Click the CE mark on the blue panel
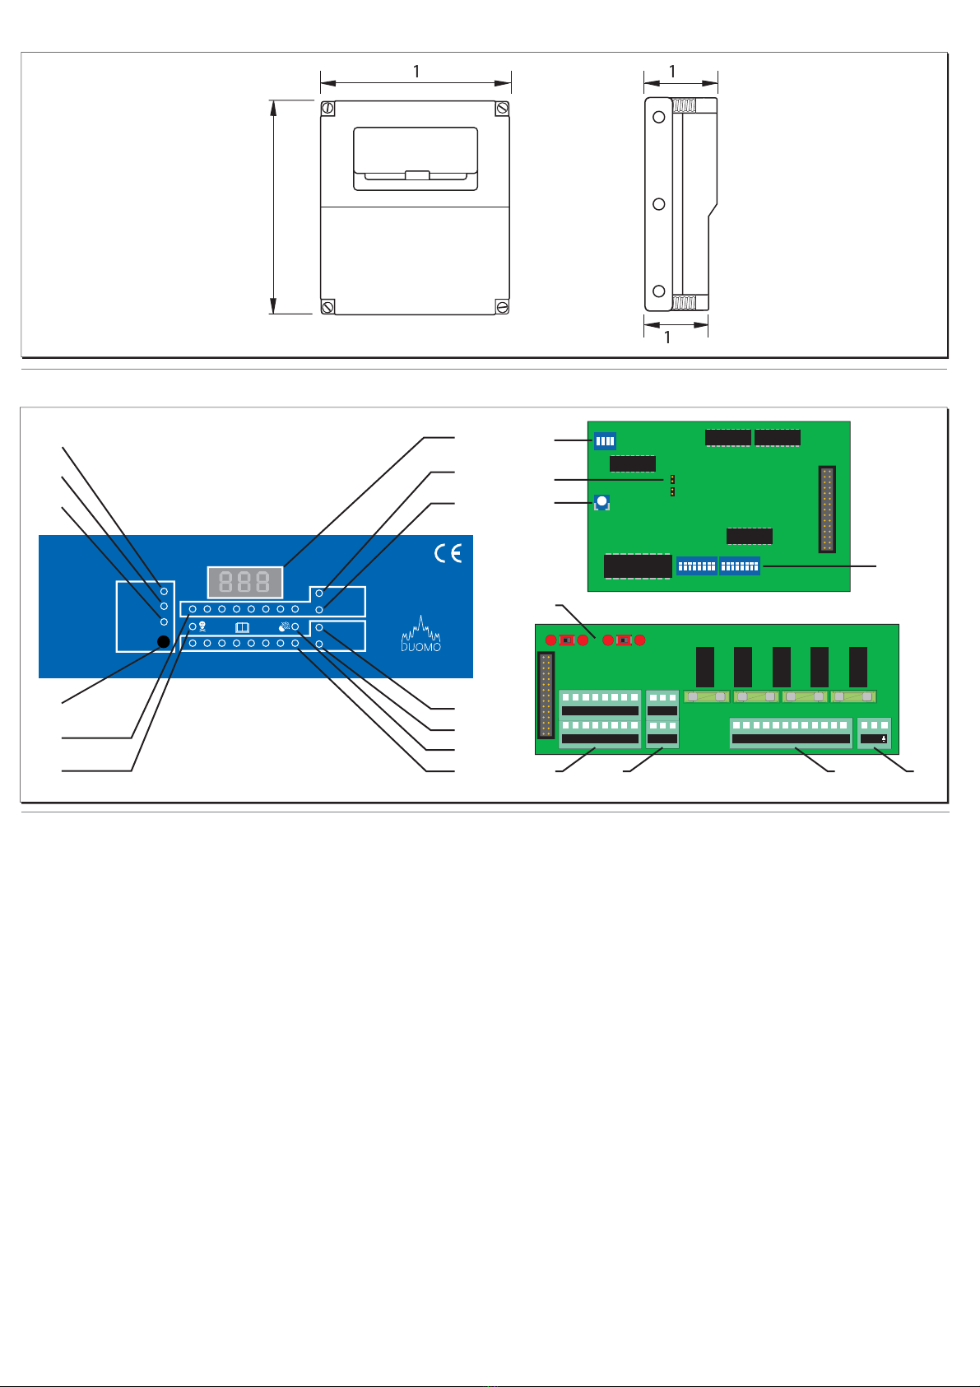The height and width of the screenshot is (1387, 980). [x=448, y=554]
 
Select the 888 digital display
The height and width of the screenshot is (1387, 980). [x=245, y=582]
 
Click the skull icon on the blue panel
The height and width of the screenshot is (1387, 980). [x=202, y=626]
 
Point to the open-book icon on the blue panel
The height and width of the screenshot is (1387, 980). [x=242, y=626]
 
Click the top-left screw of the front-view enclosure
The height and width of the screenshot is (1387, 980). [x=327, y=109]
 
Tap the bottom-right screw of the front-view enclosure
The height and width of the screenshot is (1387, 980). [x=502, y=306]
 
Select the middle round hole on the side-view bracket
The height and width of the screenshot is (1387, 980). [x=658, y=204]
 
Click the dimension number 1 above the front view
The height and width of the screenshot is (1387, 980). [x=416, y=72]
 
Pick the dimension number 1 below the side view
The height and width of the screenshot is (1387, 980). [x=667, y=337]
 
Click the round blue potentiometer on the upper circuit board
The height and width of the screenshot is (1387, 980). [x=601, y=501]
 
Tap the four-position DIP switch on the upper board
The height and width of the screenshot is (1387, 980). [x=605, y=441]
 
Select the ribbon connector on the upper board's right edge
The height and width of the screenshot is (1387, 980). [x=827, y=509]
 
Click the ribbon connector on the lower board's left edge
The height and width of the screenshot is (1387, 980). [x=544, y=695]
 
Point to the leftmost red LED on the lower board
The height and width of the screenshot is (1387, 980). [x=550, y=640]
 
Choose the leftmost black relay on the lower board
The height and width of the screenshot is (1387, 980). [x=705, y=667]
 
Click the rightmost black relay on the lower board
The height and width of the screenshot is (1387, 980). [x=858, y=667]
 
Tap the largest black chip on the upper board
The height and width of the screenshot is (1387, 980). [x=638, y=566]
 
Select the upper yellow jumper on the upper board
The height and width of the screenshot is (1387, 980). [x=672, y=478]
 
